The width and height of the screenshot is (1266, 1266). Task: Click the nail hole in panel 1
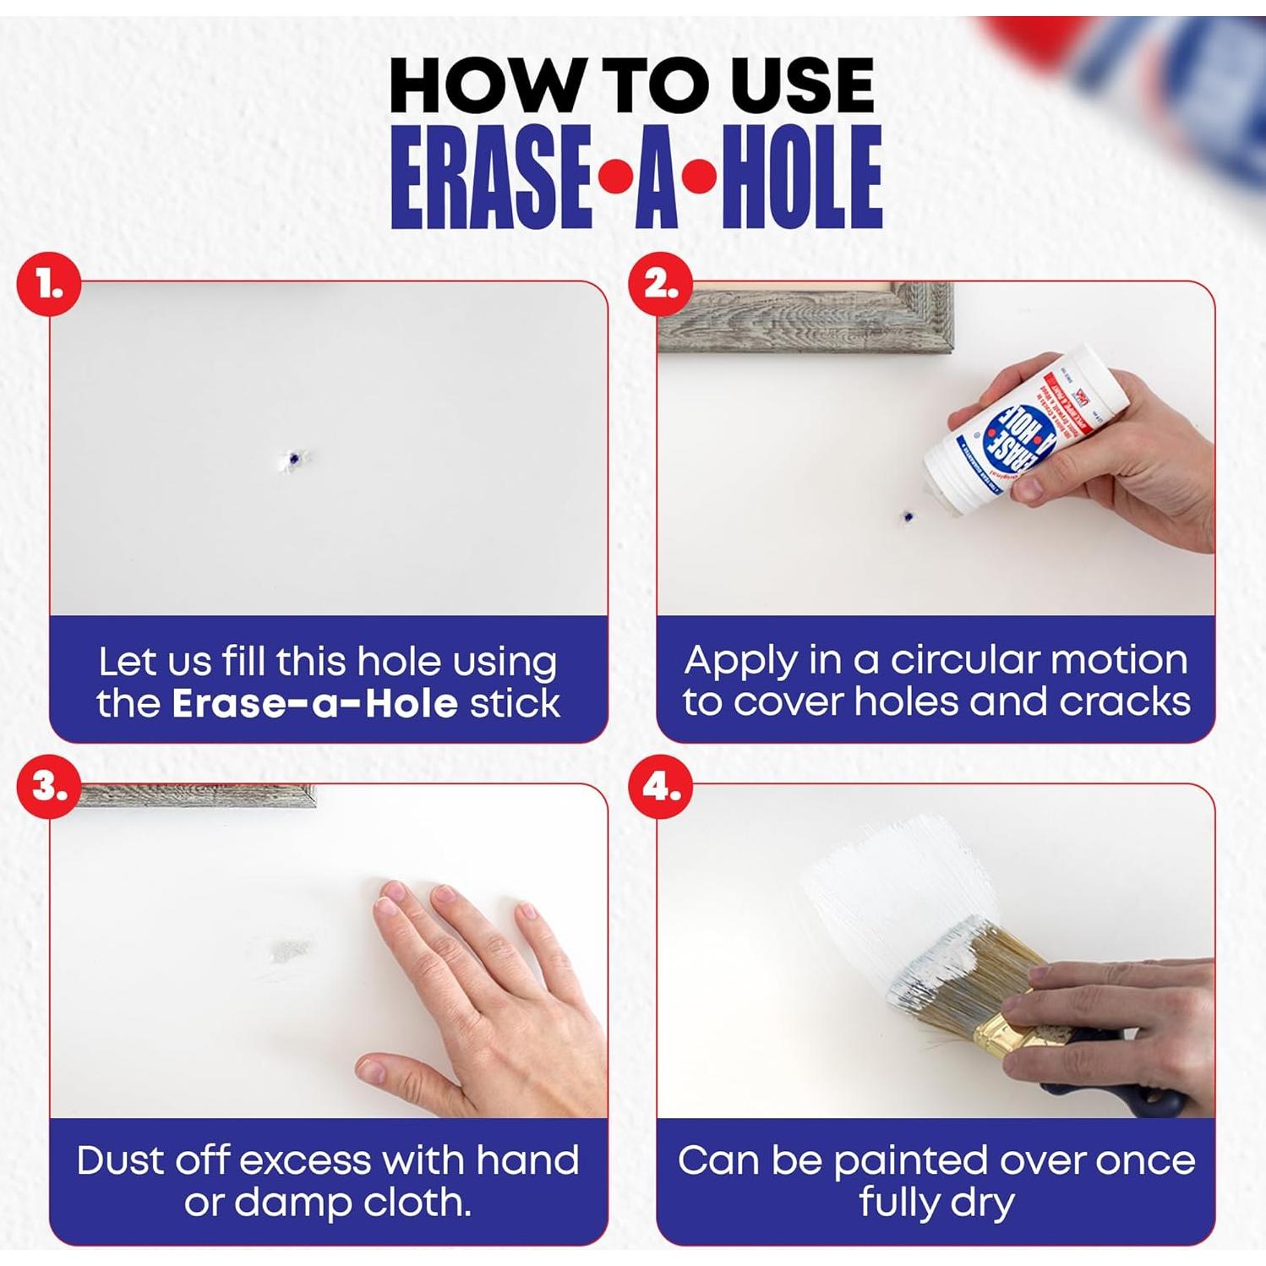(293, 459)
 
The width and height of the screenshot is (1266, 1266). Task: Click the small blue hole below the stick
(908, 516)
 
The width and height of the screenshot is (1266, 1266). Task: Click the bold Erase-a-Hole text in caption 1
(314, 704)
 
